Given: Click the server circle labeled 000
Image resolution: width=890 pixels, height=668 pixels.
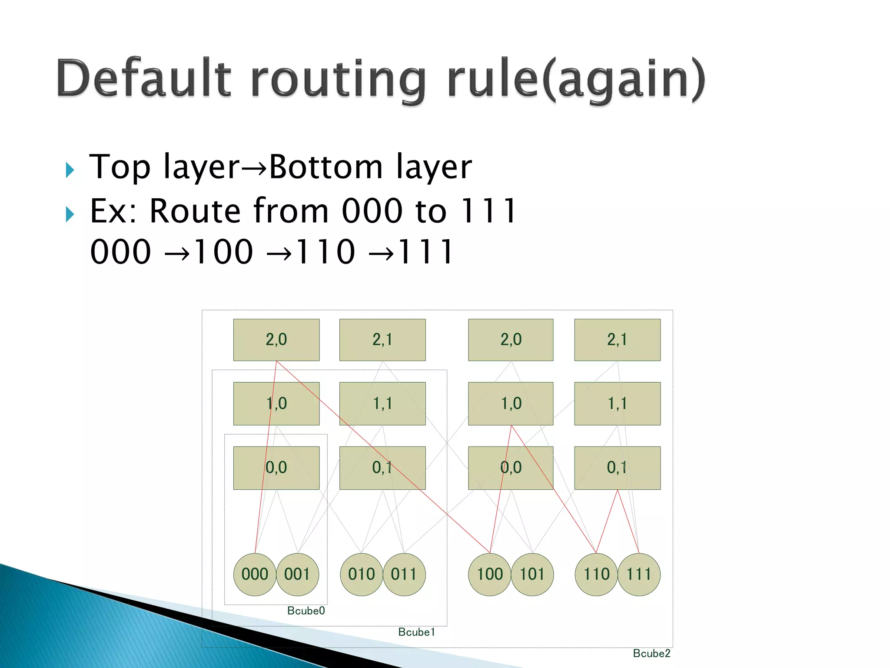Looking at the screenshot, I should pos(255,574).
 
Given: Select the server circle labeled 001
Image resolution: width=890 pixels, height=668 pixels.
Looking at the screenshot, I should pos(297,574).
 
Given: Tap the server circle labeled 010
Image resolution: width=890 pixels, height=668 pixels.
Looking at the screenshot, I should pos(361,574).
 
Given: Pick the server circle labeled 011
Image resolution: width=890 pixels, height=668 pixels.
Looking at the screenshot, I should pos(404,574).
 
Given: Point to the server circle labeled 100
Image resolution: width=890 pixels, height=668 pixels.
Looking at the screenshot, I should pos(490,574).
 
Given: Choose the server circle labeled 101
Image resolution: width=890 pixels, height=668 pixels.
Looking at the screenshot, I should pos(532,574).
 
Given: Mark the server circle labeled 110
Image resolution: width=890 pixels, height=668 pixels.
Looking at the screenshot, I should pos(596,574).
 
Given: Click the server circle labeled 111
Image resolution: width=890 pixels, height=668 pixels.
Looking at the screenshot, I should pos(639,574).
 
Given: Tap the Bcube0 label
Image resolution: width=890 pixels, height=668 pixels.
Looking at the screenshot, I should pos(306,611).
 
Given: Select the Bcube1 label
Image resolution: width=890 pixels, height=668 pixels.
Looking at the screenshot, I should pos(416,632).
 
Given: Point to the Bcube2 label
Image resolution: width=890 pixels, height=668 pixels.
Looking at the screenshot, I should pos(651,653).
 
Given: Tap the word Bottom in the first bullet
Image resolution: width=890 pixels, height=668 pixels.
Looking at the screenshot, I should pos(326,167).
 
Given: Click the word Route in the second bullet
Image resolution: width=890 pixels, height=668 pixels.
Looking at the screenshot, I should pos(196,211).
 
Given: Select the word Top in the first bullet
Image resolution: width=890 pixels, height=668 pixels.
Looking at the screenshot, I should pos(120,168).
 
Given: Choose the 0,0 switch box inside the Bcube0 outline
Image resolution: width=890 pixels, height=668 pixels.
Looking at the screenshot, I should pos(276,468).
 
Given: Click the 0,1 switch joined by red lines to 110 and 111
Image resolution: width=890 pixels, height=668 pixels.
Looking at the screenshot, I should pos(617,468).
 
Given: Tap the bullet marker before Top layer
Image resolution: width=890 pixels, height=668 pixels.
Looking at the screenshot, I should pos(70,170).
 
